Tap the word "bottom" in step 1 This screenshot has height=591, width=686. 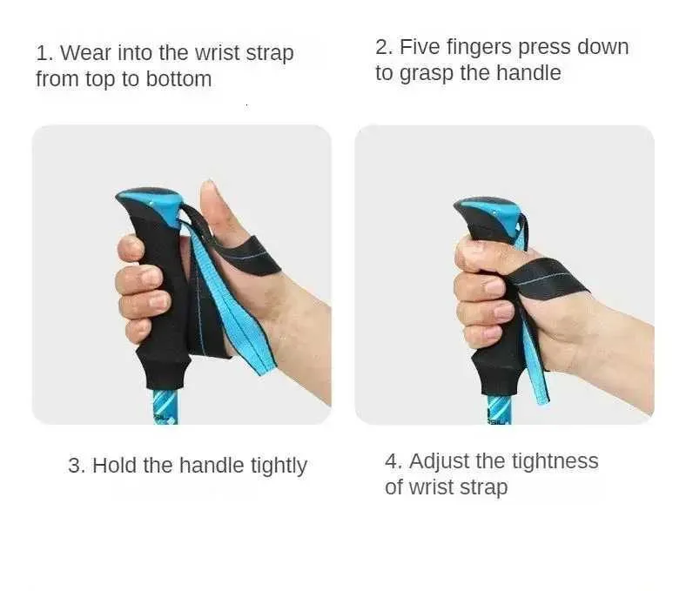(178, 79)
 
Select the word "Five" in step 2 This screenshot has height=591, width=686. (420, 47)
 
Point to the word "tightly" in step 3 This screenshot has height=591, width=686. (279, 466)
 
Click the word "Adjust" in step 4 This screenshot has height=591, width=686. (440, 462)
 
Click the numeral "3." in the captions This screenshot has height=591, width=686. (77, 466)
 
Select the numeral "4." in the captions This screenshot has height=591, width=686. (393, 461)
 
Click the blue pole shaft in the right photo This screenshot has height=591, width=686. (499, 409)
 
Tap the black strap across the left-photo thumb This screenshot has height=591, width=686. (249, 256)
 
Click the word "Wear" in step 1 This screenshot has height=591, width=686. (86, 53)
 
